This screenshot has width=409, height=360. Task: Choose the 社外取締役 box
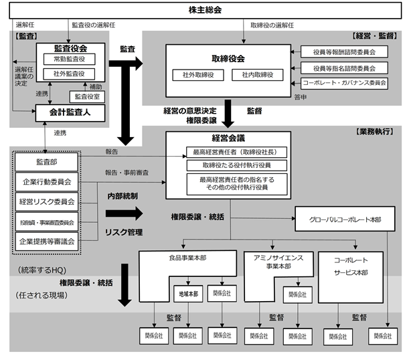pos(193,74)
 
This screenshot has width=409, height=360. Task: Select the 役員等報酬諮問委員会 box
pos(343,52)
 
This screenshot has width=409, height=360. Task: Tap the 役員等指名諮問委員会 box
pos(343,68)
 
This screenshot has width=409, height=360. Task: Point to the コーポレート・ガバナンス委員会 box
pos(343,83)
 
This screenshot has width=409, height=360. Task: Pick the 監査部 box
pos(47,163)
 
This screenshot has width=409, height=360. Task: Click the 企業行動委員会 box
pos(47,181)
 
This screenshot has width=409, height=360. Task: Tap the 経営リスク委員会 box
pos(47,201)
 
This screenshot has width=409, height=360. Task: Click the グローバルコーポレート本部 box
pos(344,219)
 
